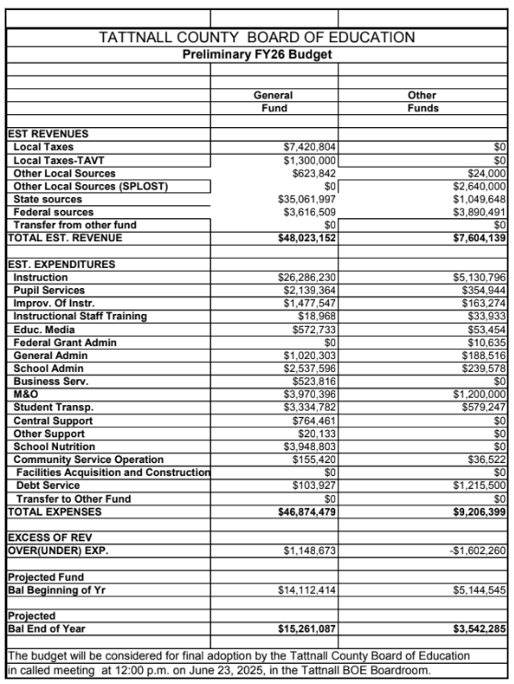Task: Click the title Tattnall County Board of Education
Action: pos(257,38)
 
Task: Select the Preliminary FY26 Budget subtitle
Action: pos(257,54)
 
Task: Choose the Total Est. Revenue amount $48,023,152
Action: pos(303,238)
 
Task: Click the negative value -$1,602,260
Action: pos(475,550)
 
